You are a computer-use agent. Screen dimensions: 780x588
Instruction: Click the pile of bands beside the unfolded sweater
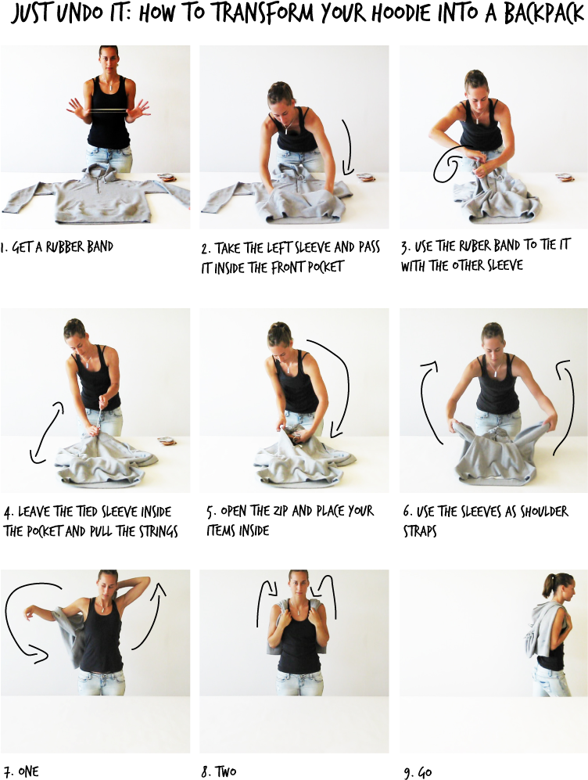point(167,178)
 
